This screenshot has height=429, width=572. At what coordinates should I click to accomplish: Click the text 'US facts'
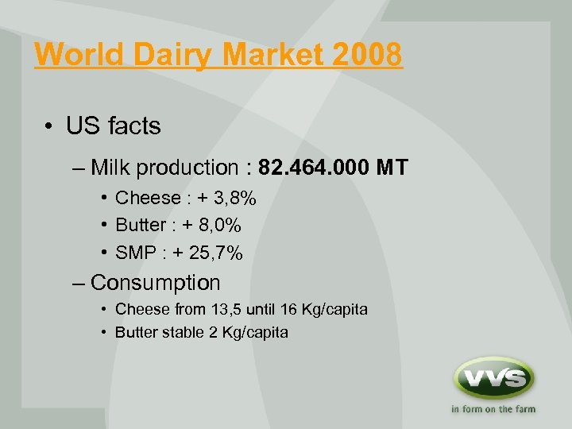tap(113, 126)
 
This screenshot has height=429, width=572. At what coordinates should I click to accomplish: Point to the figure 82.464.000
tap(316, 168)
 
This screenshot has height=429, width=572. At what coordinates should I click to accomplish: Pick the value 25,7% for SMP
tap(216, 253)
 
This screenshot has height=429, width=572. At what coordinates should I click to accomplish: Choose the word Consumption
tap(156, 282)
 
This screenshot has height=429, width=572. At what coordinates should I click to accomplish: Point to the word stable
tap(184, 332)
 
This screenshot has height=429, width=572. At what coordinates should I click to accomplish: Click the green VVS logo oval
tap(493, 378)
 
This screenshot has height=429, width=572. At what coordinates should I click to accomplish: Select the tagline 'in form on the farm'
tap(493, 410)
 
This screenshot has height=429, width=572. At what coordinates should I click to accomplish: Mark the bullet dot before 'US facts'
tap(49, 126)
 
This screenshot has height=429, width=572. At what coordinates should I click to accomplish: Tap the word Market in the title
tap(257, 55)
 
